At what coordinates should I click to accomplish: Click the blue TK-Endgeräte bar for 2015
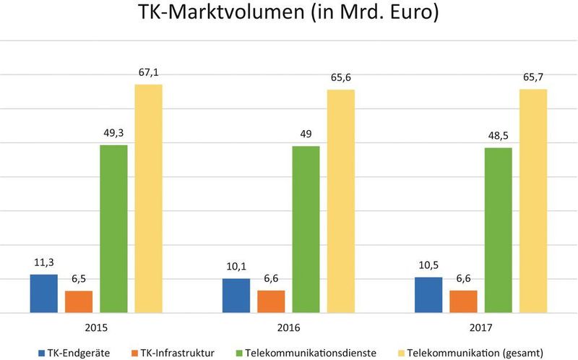point(43,293)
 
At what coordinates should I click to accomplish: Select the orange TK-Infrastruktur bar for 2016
point(271,301)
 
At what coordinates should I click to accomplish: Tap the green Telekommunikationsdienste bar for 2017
point(498,230)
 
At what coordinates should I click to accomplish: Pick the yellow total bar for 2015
point(148,199)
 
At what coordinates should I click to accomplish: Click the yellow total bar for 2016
point(341,201)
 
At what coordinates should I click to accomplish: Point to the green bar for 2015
point(113,228)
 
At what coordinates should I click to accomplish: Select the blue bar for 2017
point(428,295)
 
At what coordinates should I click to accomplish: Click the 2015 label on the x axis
point(96,327)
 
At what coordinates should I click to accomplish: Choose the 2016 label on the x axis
point(288,327)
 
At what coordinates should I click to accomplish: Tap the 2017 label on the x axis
point(480,327)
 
